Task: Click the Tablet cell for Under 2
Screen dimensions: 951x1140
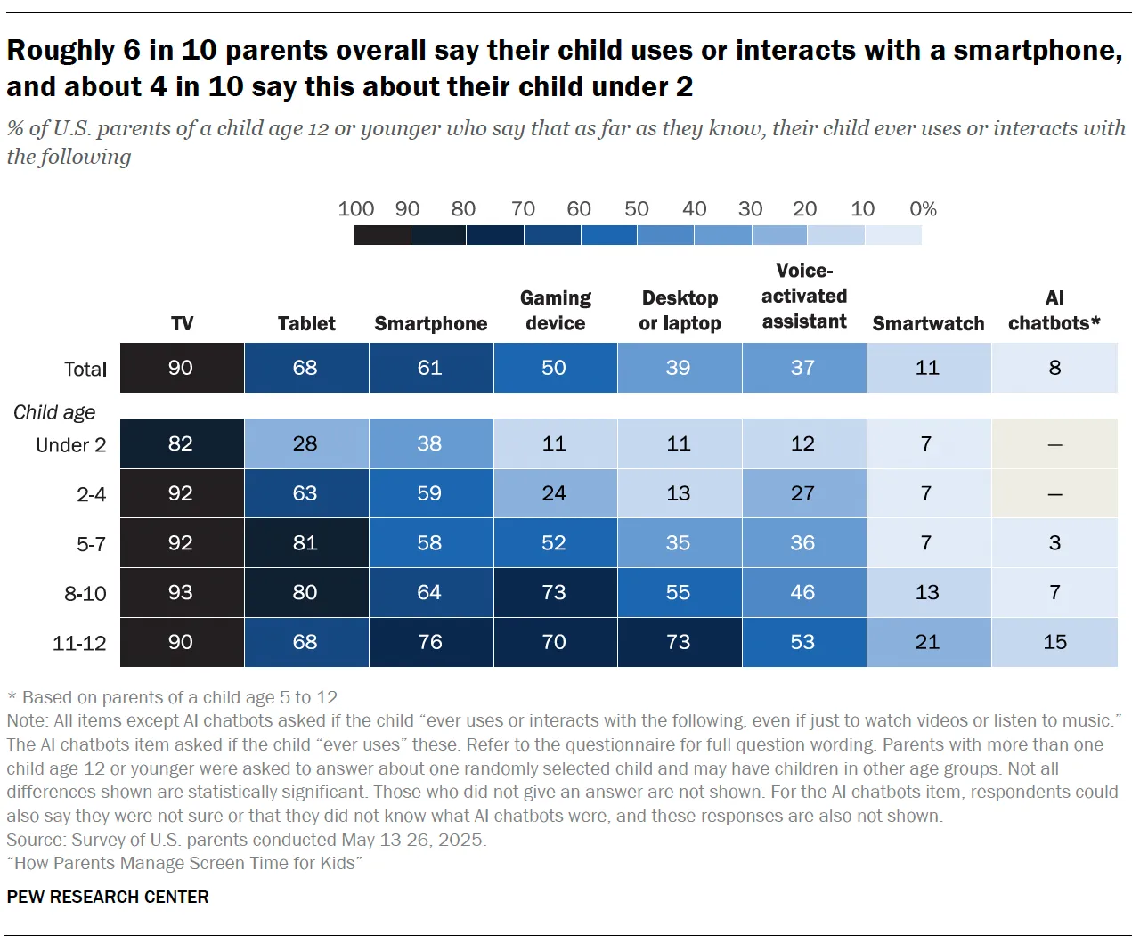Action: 305,443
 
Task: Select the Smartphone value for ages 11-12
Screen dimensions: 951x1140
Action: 430,642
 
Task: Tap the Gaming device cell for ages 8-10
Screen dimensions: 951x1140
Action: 554,592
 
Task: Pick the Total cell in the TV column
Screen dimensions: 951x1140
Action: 181,368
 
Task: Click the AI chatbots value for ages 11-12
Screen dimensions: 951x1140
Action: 1054,642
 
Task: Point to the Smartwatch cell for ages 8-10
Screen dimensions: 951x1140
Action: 927,592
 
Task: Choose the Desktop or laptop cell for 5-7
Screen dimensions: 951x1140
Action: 679,542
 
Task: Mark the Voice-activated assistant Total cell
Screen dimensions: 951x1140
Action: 802,368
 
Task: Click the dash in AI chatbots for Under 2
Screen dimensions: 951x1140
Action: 1054,444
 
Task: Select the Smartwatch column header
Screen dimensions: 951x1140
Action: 928,323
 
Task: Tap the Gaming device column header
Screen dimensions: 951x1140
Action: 555,310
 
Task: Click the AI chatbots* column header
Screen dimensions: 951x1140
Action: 1054,310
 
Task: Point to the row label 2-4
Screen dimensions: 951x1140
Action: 91,494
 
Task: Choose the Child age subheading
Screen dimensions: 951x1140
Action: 54,412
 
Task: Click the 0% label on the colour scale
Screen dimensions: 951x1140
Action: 923,209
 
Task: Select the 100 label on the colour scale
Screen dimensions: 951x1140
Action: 355,209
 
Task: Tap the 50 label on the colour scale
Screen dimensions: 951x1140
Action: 636,209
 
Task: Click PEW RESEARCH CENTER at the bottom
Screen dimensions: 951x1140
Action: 108,897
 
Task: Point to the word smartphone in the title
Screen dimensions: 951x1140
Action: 1038,51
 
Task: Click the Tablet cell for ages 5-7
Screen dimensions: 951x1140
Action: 305,542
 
